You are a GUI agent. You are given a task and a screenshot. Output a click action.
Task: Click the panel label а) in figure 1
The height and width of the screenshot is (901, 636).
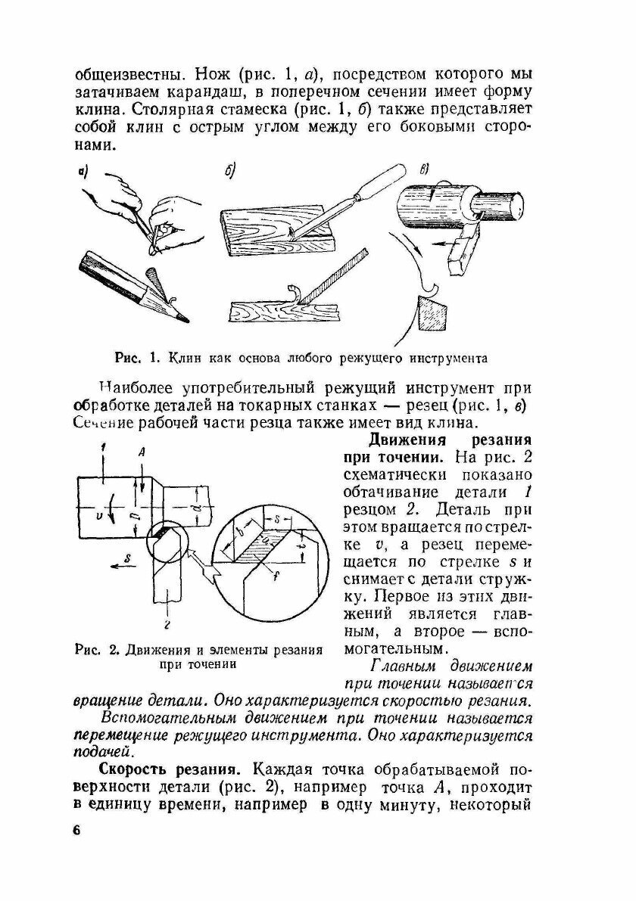83,173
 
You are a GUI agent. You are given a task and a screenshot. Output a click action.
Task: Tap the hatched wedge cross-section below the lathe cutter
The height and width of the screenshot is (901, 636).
432,312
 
